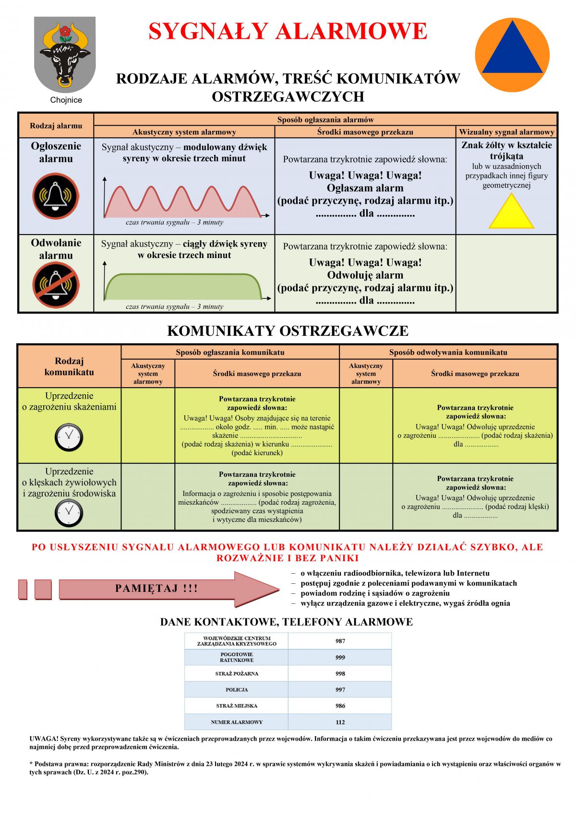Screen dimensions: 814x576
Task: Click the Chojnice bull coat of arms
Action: pos(65,55)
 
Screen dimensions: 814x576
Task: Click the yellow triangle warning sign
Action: pos(511,212)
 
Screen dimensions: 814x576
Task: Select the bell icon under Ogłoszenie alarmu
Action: pos(56,196)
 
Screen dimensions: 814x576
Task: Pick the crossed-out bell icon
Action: pos(56,285)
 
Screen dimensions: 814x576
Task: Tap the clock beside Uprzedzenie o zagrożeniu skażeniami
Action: pos(69,437)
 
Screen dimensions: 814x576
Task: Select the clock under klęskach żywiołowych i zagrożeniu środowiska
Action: pos(69,512)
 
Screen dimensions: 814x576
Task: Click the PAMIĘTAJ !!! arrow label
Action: pos(156,589)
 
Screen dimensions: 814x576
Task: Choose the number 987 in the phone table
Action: pos(340,641)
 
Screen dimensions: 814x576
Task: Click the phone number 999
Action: pos(340,657)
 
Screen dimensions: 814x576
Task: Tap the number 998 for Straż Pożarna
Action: pos(340,673)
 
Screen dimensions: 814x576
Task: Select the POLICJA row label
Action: pos(237,690)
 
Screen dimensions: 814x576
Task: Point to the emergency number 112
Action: pos(340,722)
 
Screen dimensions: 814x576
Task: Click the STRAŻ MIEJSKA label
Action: pos(237,706)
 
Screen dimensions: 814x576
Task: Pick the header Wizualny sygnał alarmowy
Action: pos(506,132)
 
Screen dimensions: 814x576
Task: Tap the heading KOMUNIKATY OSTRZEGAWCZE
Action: pos(288,331)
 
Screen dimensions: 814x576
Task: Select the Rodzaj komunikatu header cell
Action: pos(69,366)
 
